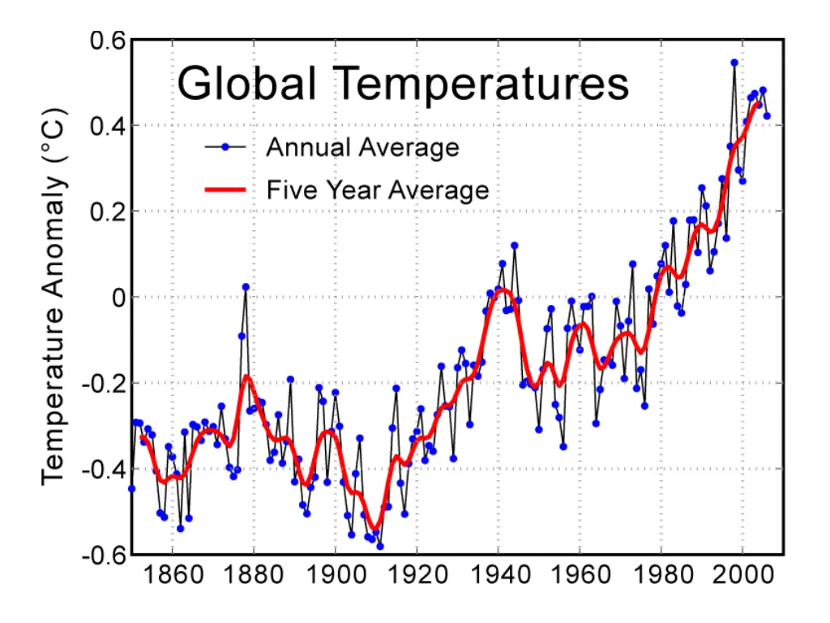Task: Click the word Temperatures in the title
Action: [x=481, y=84]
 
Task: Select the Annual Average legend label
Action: [x=362, y=148]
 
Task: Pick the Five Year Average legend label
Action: [x=378, y=190]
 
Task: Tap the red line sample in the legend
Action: [x=225, y=190]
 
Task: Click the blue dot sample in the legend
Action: [x=225, y=147]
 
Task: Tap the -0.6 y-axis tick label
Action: [x=88, y=555]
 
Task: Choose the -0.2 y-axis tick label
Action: [x=88, y=384]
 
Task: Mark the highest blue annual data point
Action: [x=734, y=62]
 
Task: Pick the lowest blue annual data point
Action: [x=379, y=546]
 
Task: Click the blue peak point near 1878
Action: [x=246, y=287]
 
